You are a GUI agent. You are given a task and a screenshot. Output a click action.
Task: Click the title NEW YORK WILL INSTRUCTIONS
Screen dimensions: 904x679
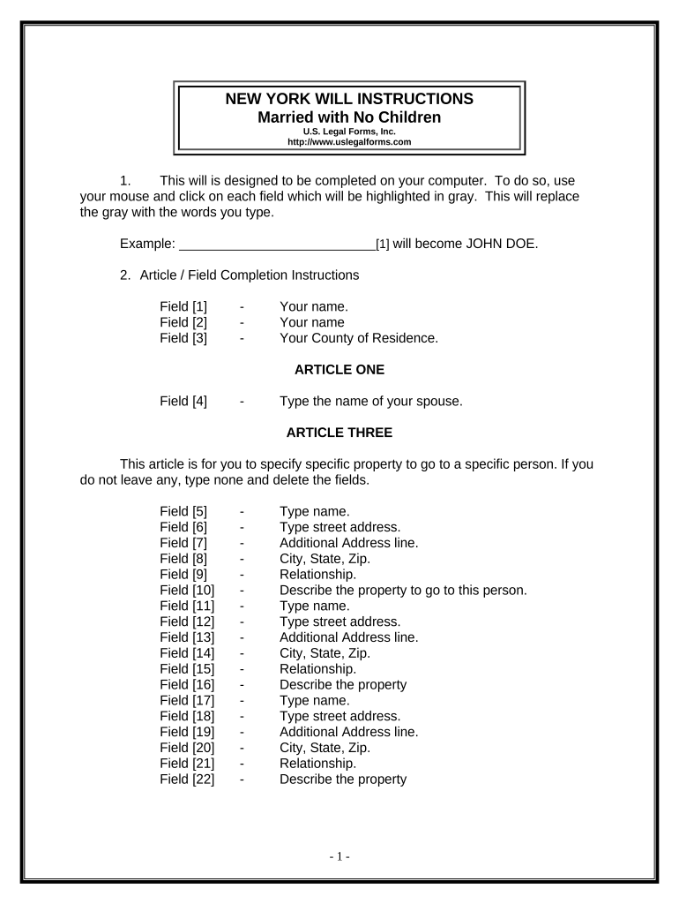coord(349,99)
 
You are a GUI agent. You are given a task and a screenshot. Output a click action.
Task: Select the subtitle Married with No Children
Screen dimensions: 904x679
coord(349,117)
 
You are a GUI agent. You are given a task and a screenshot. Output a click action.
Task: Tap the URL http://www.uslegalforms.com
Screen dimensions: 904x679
coord(349,141)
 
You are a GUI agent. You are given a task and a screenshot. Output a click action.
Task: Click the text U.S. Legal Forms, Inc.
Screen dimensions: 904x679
coord(349,132)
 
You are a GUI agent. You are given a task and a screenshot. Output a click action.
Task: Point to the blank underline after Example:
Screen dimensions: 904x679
coord(276,244)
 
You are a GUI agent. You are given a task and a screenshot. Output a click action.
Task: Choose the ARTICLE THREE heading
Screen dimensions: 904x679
coord(339,433)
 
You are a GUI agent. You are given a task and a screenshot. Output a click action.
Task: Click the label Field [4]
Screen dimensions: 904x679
coord(183,401)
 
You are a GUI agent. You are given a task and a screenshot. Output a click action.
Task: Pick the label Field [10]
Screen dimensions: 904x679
coord(187,590)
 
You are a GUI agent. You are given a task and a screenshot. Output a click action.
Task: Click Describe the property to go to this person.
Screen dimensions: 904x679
coord(403,590)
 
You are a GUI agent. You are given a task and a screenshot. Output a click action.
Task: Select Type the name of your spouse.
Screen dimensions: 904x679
coord(371,401)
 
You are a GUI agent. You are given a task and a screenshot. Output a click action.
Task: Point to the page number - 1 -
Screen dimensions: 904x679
coord(339,856)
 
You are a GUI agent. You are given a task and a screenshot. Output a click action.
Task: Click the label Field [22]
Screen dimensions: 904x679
coord(187,779)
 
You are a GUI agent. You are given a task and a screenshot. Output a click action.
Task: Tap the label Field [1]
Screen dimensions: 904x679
coord(183,305)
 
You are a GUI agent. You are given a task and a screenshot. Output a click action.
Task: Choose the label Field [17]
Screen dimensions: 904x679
coord(187,701)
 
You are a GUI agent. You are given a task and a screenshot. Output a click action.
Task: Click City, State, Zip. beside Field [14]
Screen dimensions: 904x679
coord(325,653)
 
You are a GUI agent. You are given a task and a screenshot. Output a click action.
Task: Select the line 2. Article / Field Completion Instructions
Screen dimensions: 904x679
coord(239,275)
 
